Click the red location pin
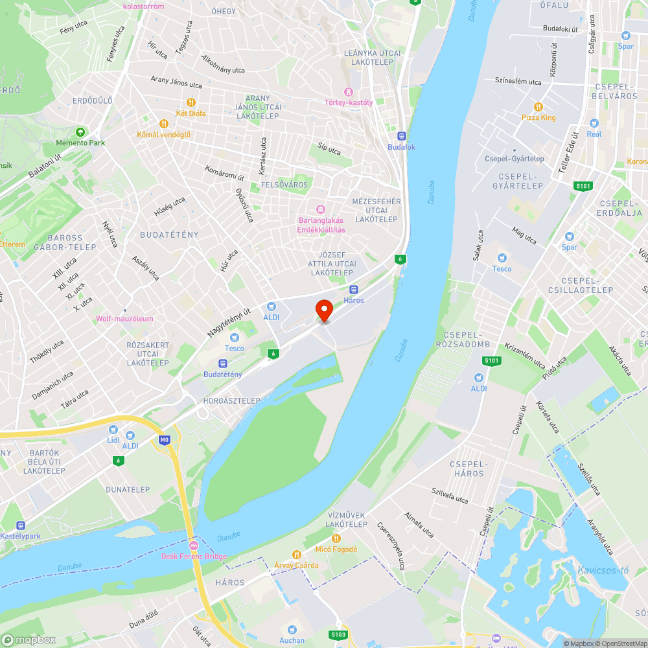tap(324, 310)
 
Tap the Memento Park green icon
tap(80, 131)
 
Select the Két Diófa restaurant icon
tap(191, 102)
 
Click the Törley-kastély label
tap(349, 102)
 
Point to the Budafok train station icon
tap(401, 136)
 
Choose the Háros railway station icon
tap(354, 290)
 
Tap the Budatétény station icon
tap(222, 364)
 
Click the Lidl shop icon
tap(113, 429)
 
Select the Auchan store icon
tap(292, 629)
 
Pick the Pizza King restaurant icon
tap(538, 106)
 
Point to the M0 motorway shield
tap(164, 440)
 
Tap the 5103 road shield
tap(338, 634)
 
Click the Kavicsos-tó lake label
tap(603, 570)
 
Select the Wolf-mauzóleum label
tap(124, 318)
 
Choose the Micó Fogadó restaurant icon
tap(336, 538)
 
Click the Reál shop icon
tap(594, 122)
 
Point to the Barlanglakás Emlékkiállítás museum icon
tap(320, 209)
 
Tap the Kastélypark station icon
tap(21, 526)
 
